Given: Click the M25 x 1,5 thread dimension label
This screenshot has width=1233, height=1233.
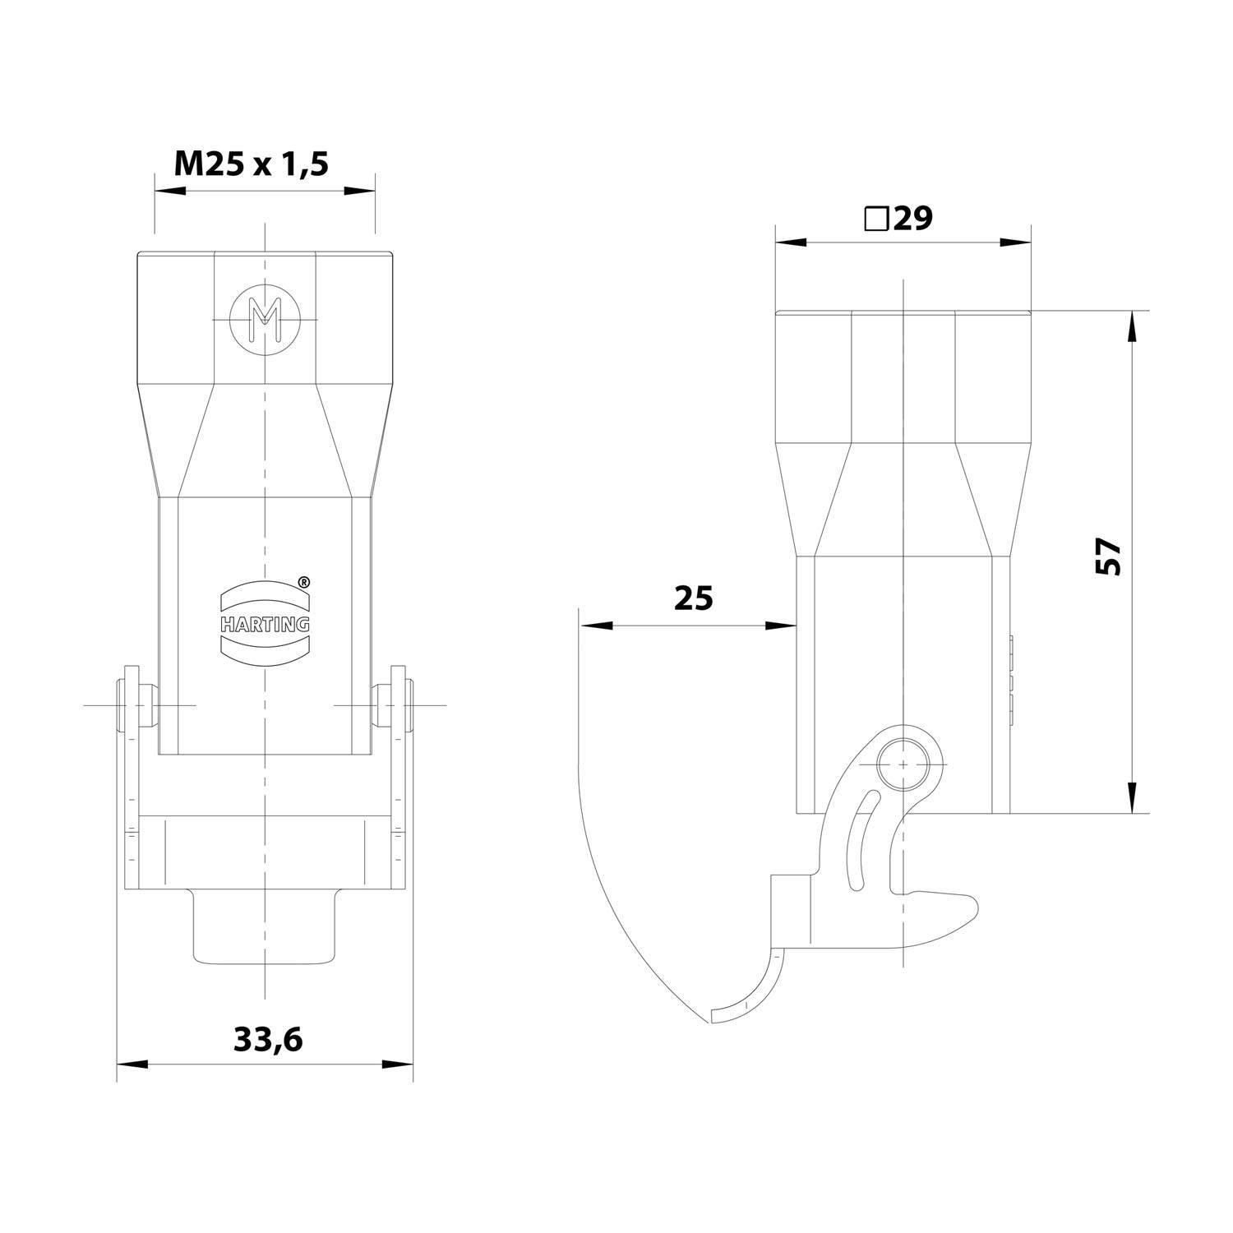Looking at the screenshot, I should point(251,164).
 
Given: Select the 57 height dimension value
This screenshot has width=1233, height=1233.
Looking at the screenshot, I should point(1109,556).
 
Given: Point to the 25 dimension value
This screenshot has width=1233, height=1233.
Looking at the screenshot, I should point(693,598).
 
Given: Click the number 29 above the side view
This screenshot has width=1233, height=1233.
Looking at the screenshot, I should point(912,219).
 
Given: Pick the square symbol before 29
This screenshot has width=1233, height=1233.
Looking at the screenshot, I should point(875,219).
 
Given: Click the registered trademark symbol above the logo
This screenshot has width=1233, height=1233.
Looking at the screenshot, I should point(302,582).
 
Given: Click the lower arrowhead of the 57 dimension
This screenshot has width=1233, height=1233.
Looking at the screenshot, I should point(1131,797).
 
